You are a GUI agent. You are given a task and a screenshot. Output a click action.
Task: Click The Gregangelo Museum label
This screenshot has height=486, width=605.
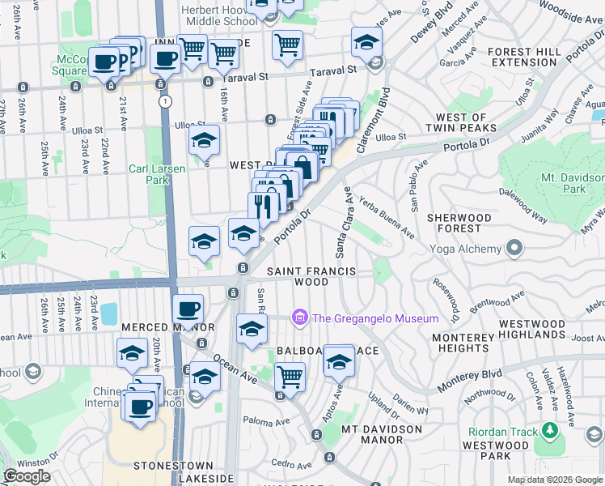click(x=376, y=318)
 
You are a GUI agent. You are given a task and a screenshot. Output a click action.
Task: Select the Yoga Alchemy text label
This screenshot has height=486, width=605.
click(x=465, y=249)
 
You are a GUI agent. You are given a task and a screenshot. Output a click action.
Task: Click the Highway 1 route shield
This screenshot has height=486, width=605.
click(x=166, y=101)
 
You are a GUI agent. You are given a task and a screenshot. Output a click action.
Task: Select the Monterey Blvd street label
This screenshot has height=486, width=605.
click(x=469, y=378)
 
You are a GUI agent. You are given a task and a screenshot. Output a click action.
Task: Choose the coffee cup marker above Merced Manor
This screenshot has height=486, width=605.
click(x=188, y=309)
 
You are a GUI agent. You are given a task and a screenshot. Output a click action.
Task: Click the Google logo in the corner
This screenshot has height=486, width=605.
click(x=27, y=476)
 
